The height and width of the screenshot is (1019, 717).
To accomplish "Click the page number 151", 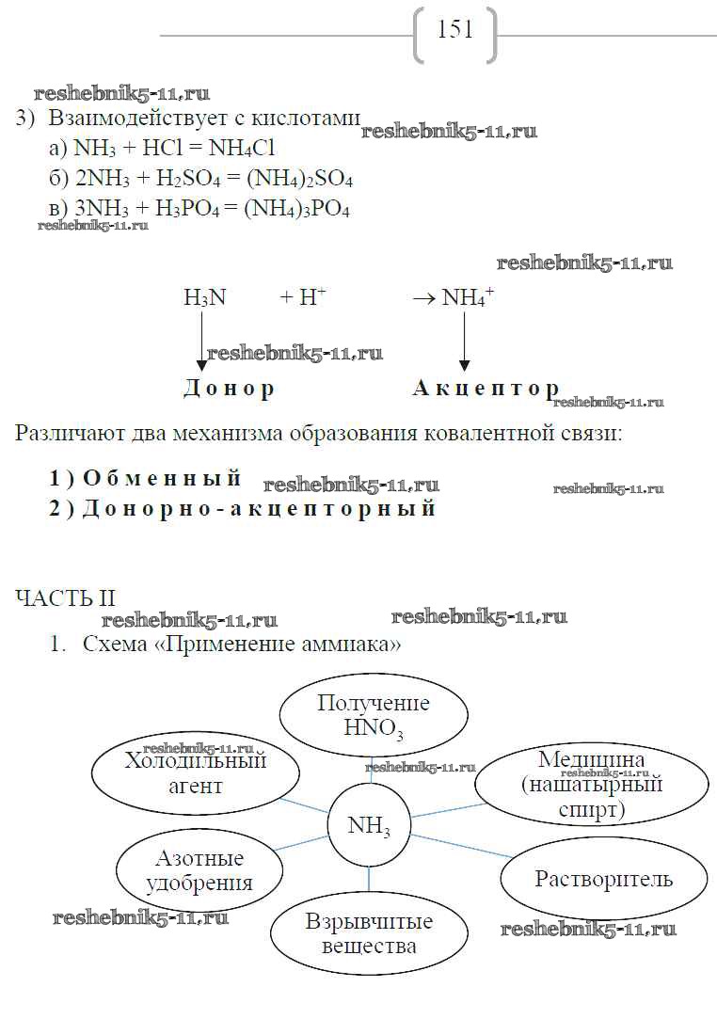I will point(455,31).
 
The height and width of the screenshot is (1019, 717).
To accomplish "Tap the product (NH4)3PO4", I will point(296,209).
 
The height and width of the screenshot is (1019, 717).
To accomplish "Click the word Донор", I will point(228,389).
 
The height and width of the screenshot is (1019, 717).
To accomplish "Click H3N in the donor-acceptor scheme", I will point(205,298).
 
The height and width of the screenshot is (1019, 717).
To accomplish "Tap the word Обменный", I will point(162,478).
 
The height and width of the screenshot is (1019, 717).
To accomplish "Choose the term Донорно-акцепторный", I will point(259,509).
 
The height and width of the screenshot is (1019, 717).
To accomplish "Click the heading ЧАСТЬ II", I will point(66,597).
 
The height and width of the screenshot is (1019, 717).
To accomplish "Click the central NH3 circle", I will point(368,827).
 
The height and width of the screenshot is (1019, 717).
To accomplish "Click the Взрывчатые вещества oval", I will point(369,932).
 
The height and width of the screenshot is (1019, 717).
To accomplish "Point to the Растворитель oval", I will point(603,880).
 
